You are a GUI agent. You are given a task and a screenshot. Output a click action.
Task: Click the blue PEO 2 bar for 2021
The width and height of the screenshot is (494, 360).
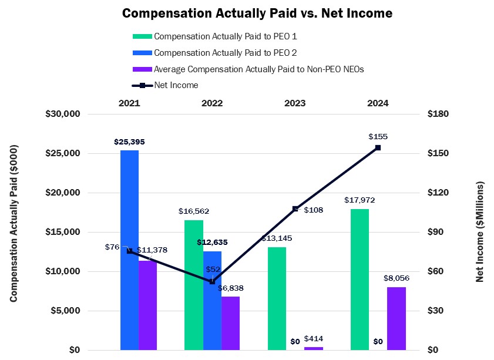click(129, 250)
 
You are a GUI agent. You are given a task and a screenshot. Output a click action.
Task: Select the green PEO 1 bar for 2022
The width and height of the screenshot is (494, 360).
click(194, 285)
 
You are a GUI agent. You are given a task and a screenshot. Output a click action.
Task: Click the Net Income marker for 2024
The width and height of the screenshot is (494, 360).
click(378, 147)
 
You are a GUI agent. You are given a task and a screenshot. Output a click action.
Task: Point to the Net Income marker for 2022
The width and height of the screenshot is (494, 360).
click(212, 282)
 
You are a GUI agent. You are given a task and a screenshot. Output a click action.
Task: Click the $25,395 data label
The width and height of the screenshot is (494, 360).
click(129, 142)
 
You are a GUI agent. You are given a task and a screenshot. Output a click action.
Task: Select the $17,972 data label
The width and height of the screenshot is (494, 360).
click(359, 200)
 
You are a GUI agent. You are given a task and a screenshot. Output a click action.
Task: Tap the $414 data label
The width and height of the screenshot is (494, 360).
click(314, 339)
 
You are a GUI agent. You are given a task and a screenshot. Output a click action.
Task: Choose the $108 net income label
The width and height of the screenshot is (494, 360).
click(313, 210)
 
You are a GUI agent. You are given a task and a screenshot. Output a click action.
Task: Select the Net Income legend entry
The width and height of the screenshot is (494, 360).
click(176, 85)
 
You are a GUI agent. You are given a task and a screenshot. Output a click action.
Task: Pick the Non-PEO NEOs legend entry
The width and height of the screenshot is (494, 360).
click(258, 69)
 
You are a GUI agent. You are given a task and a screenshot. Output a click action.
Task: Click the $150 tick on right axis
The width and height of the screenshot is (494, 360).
click(438, 153)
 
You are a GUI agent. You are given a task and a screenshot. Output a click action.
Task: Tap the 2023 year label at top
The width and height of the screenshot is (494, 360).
click(295, 103)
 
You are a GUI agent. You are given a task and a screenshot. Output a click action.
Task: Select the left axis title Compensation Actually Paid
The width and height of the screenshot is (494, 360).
click(14, 233)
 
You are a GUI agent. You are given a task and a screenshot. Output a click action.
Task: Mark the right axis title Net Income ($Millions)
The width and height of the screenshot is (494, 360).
click(480, 232)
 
